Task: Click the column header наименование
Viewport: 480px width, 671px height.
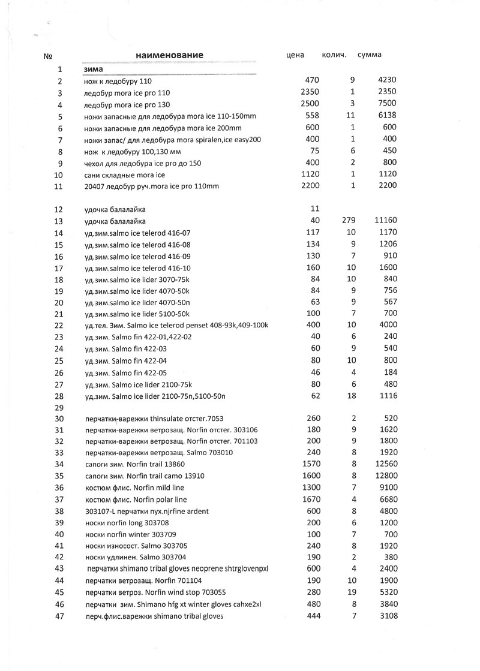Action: coord(169,55)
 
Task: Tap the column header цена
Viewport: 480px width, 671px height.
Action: coord(295,55)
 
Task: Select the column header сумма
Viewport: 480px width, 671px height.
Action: coord(369,55)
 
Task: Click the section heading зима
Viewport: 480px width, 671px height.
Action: coord(93,69)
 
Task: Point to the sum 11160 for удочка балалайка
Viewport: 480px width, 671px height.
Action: coord(384,221)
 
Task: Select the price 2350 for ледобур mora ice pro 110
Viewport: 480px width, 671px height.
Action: coord(310,92)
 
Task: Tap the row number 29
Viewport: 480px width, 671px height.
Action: coord(59,407)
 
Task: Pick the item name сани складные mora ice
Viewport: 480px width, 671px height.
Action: coord(124,175)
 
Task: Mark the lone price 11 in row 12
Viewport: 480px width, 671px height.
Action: coord(315,209)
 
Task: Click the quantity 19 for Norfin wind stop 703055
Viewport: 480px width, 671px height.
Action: coord(352,592)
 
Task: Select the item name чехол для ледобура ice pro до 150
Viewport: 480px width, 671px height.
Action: coord(143,163)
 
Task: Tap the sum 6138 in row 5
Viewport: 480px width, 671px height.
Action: coord(386,116)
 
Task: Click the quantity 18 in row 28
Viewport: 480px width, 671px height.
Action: coord(352,396)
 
